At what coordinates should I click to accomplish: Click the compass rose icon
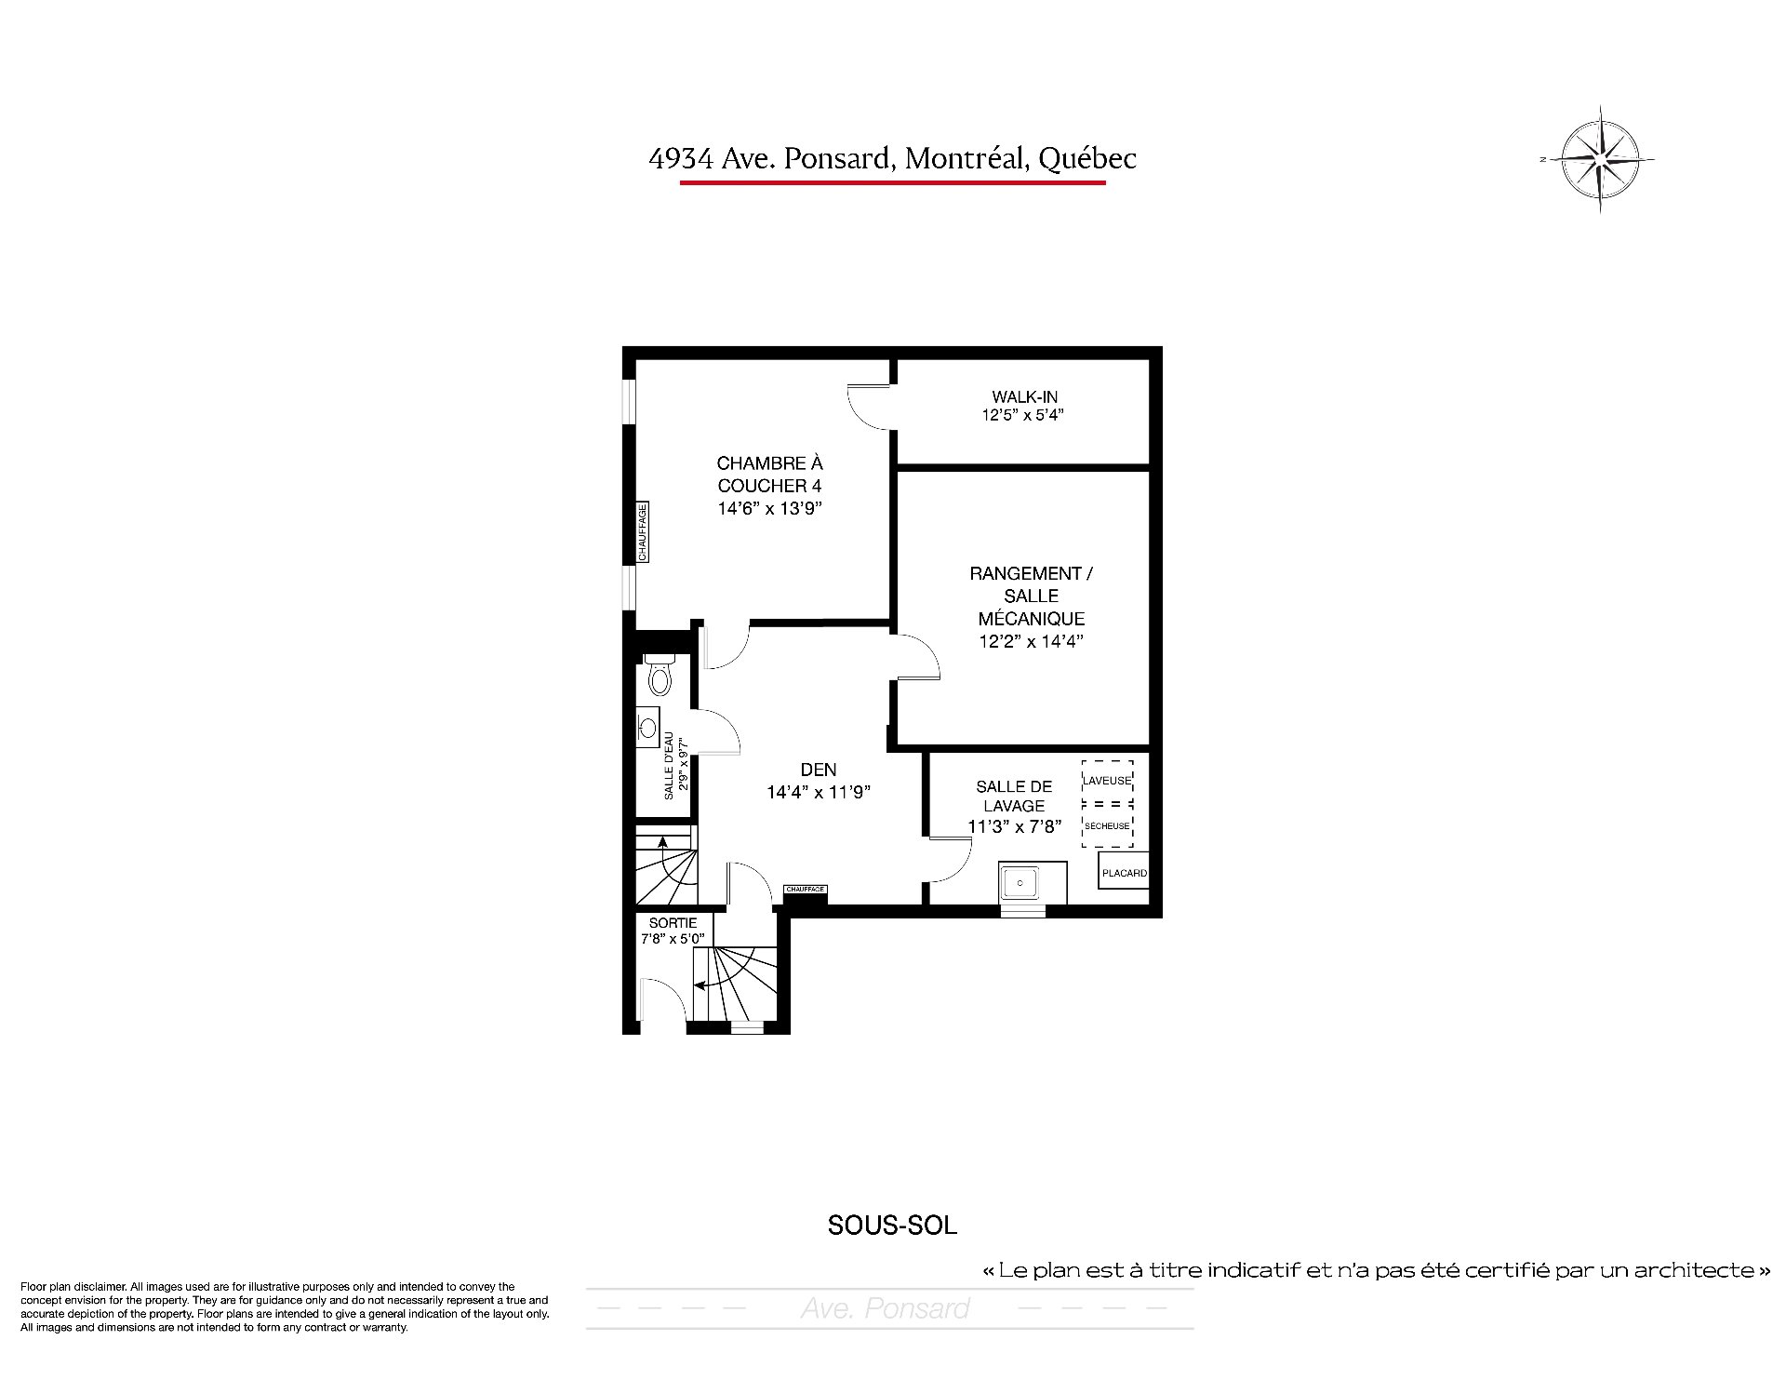click(x=1599, y=159)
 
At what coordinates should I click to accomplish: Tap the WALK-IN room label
click(x=1024, y=397)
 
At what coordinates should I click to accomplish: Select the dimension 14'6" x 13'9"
click(x=770, y=509)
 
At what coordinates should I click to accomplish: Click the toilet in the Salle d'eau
click(x=660, y=675)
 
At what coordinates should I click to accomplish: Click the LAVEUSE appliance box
click(x=1107, y=781)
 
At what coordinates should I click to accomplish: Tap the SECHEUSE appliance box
click(x=1107, y=826)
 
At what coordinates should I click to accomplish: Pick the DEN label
click(x=819, y=770)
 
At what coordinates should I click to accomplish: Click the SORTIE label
click(x=673, y=923)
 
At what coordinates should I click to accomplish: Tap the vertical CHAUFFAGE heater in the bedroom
click(x=642, y=531)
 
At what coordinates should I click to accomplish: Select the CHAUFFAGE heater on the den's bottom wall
click(x=806, y=890)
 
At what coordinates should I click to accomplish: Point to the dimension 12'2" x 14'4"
click(x=1032, y=641)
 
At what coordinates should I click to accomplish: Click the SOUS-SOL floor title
click(x=892, y=1226)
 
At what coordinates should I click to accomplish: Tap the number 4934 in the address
click(x=681, y=159)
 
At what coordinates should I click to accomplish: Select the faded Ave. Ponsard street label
click(x=886, y=1308)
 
